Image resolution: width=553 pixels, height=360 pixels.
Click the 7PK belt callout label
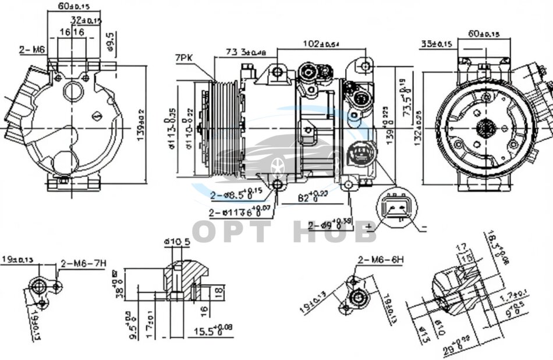183,58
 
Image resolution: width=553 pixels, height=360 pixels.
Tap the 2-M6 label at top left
32,50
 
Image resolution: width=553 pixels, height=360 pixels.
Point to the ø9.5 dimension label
110,42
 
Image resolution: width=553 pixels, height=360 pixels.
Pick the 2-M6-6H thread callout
380,260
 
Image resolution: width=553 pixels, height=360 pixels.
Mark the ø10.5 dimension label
176,242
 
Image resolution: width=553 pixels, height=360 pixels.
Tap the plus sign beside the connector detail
368,225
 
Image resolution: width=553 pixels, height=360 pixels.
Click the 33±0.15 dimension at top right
437,44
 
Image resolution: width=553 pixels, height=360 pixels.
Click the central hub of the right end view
485,128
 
